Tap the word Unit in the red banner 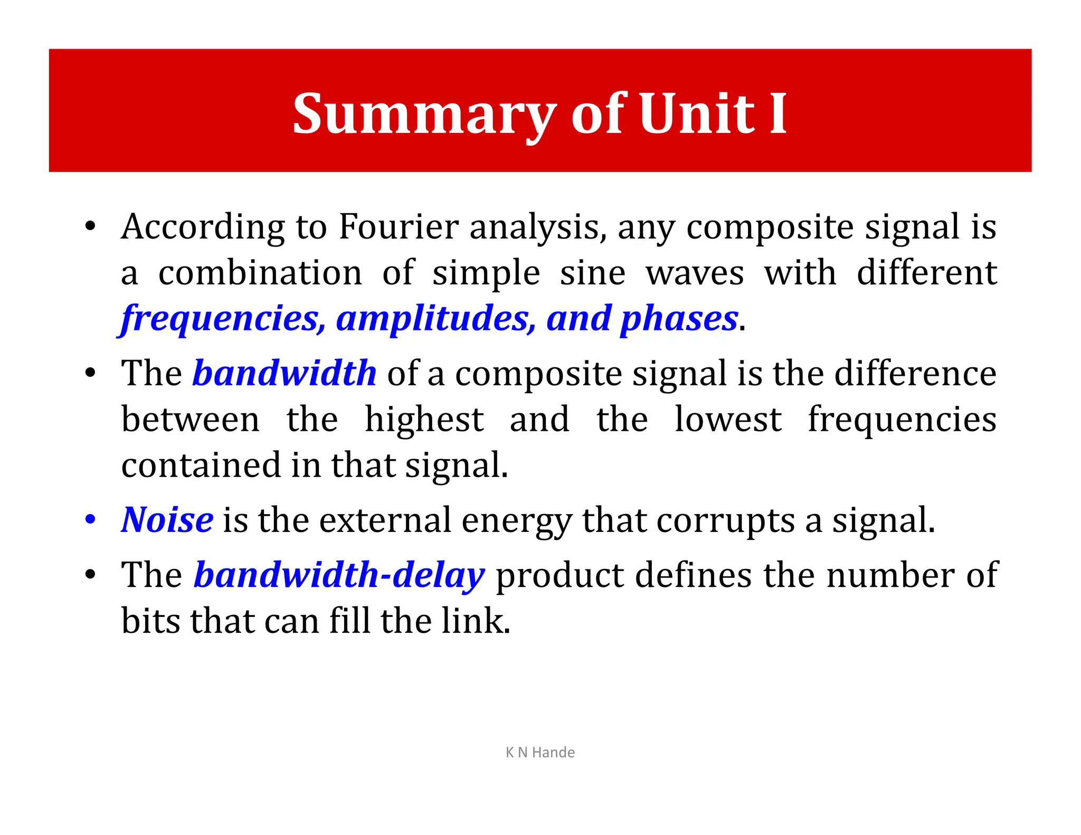click(x=697, y=113)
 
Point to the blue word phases click(x=679, y=319)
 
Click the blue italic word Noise click(x=167, y=520)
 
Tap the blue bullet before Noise click(x=90, y=519)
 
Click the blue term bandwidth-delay click(x=339, y=575)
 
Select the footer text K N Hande click(x=540, y=752)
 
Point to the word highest click(x=424, y=420)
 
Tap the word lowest click(x=728, y=420)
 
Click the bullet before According click(x=90, y=226)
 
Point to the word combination click(x=260, y=273)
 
